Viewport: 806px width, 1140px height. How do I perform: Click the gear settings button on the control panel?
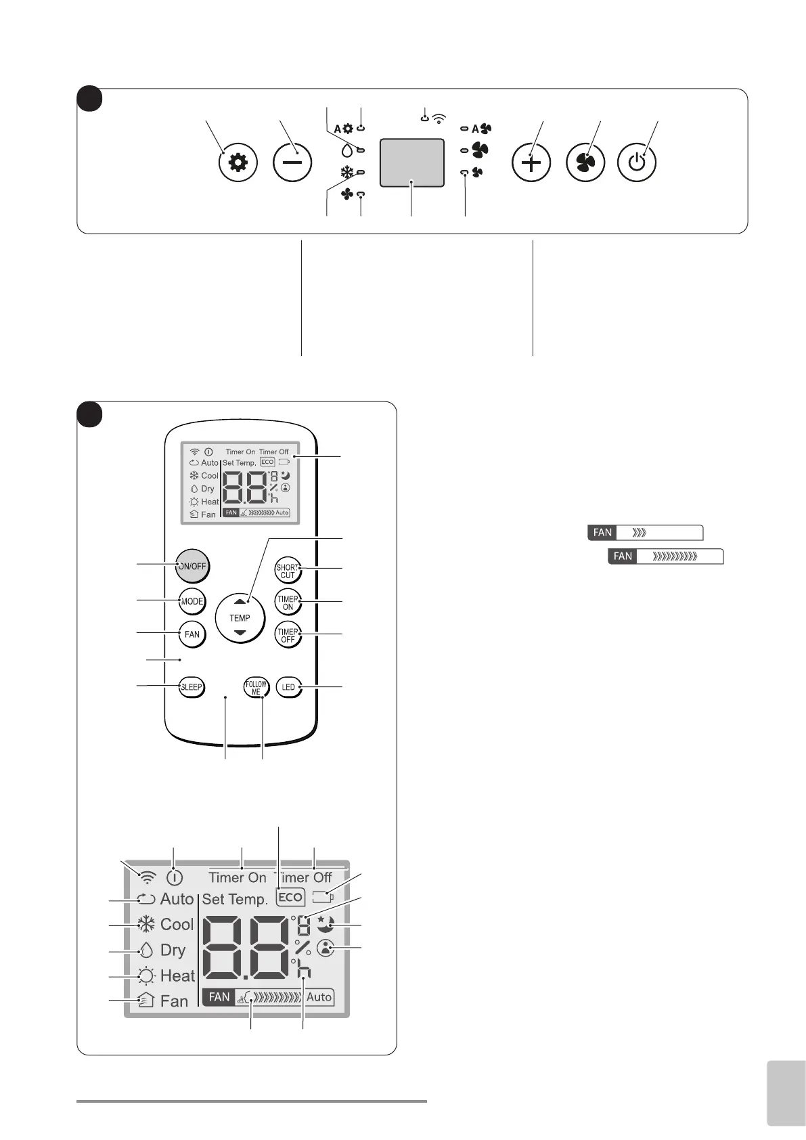[238, 163]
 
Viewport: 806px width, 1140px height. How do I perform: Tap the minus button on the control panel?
[292, 163]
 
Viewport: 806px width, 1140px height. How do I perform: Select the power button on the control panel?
[637, 163]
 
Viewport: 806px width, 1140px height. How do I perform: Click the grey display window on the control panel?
[412, 162]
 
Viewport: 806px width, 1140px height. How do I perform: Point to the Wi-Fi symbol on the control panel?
[439, 119]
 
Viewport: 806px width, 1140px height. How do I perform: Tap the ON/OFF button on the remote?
[192, 566]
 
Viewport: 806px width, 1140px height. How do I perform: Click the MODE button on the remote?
[192, 601]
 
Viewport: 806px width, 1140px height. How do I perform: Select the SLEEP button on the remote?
[192, 687]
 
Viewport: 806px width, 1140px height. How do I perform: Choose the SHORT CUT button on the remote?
[288, 571]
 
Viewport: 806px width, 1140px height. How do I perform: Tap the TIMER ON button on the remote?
[288, 602]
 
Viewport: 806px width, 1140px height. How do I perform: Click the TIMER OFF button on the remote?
[288, 635]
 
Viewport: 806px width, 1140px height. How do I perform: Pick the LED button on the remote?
[288, 687]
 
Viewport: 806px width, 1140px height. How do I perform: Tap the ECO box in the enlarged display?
[290, 897]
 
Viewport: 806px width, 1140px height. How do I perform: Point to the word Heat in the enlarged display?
[177, 975]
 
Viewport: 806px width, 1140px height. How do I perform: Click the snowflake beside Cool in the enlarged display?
[146, 924]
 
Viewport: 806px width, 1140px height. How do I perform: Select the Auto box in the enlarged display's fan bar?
[319, 996]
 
